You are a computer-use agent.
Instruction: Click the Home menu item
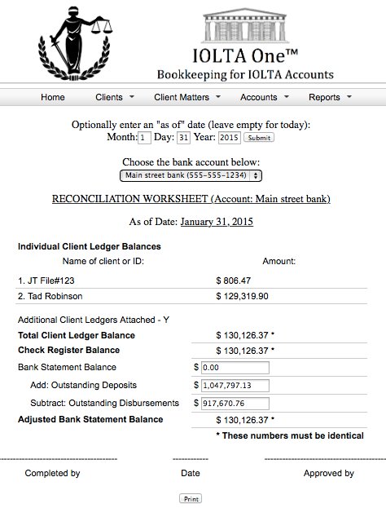coord(53,98)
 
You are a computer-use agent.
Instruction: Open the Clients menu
coord(114,98)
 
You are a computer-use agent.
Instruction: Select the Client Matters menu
coord(186,98)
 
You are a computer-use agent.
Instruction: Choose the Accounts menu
coord(264,98)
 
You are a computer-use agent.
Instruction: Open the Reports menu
coord(329,98)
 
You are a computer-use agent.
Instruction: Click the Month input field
coord(145,138)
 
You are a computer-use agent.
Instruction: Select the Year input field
coord(229,138)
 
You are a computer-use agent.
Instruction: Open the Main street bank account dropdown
coord(191,175)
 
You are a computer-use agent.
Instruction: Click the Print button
coord(191,498)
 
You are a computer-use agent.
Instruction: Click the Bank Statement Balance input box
coord(235,369)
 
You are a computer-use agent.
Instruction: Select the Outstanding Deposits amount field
coord(235,386)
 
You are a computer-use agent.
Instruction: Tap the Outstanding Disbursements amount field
coord(235,403)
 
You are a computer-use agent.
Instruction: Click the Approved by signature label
coord(328,473)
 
